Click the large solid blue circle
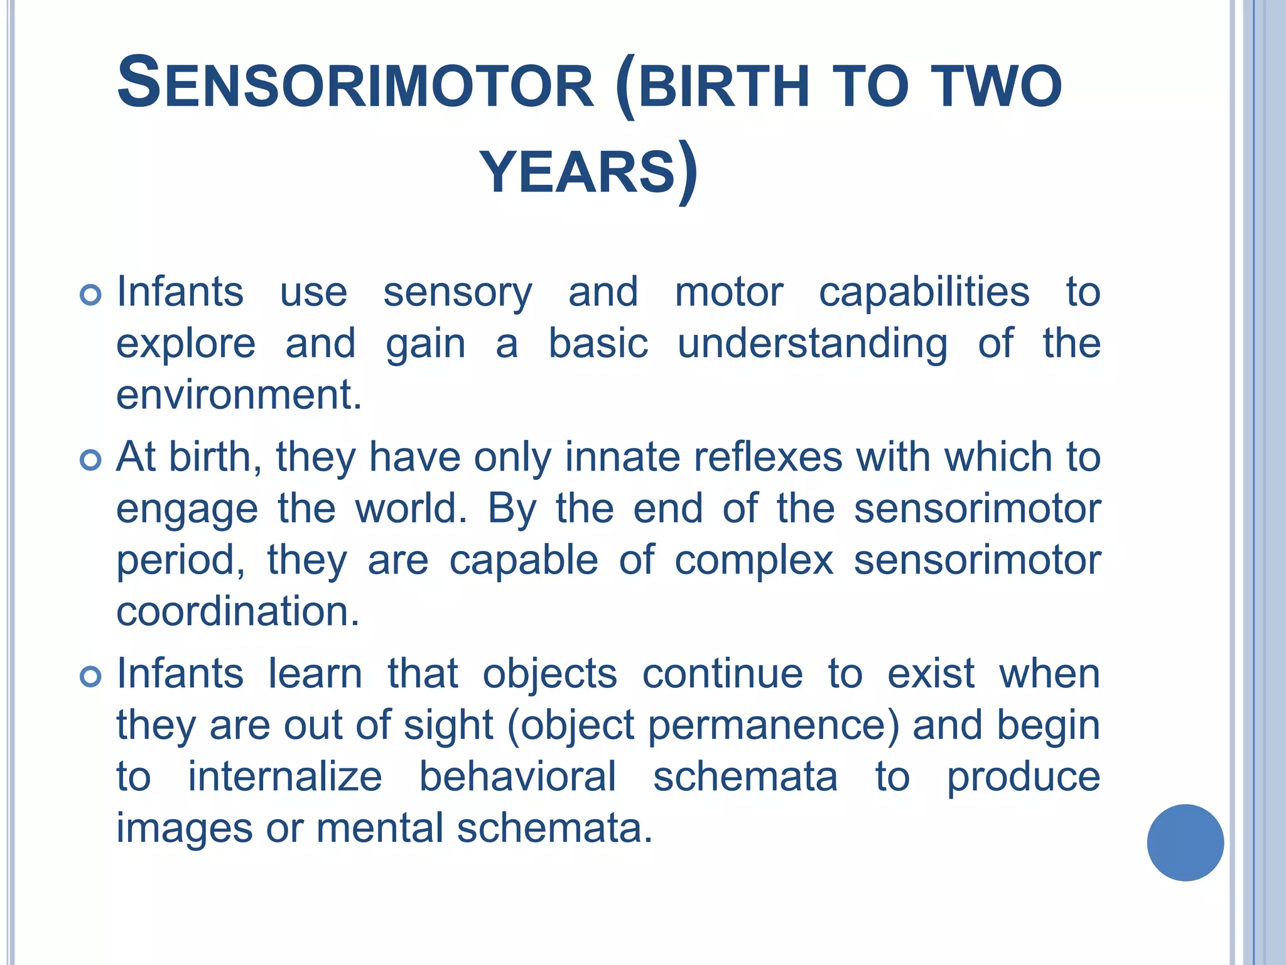tap(1185, 842)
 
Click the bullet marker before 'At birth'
tap(91, 461)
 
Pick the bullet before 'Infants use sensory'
tap(91, 295)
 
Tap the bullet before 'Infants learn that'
tap(91, 677)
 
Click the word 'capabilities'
tap(924, 293)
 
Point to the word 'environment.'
tap(239, 395)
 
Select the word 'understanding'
tap(813, 344)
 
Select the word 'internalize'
tap(285, 777)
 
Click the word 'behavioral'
tap(517, 777)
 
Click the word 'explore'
tap(186, 344)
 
